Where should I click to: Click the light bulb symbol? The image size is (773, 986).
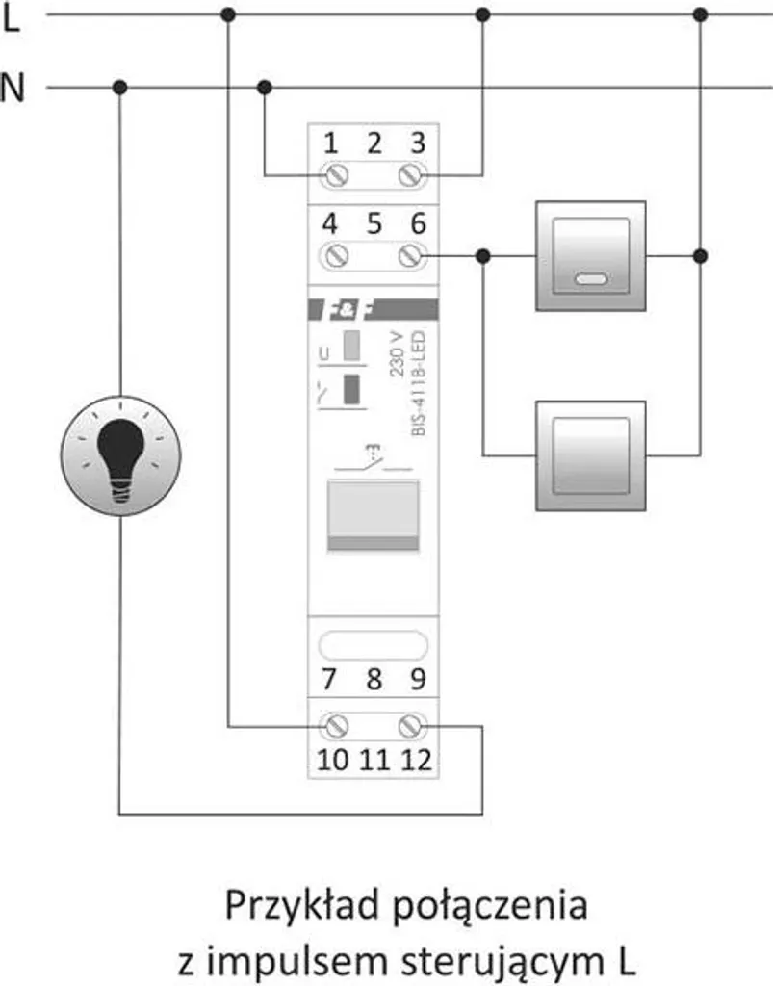(120, 455)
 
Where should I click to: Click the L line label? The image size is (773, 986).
(12, 18)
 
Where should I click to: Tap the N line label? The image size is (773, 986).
(12, 88)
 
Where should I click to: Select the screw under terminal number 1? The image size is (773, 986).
(335, 175)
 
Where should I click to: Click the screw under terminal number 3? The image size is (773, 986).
(412, 175)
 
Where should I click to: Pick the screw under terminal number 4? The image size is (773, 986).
(335, 255)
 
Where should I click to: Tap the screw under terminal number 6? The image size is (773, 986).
(412, 255)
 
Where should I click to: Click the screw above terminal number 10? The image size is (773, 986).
(335, 726)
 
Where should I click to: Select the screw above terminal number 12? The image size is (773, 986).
(412, 726)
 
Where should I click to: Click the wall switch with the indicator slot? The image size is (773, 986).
(591, 256)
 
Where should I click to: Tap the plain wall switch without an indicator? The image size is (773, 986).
(591, 455)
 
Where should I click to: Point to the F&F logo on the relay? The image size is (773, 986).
(374, 309)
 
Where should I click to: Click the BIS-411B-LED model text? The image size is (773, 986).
(419, 383)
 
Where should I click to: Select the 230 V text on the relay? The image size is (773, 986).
(398, 354)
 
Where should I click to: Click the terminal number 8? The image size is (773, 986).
(374, 679)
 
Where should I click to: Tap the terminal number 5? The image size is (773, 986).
(374, 223)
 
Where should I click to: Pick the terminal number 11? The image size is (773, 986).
(374, 761)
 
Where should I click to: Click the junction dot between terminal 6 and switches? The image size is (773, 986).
(482, 256)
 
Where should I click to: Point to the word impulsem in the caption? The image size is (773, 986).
(296, 962)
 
